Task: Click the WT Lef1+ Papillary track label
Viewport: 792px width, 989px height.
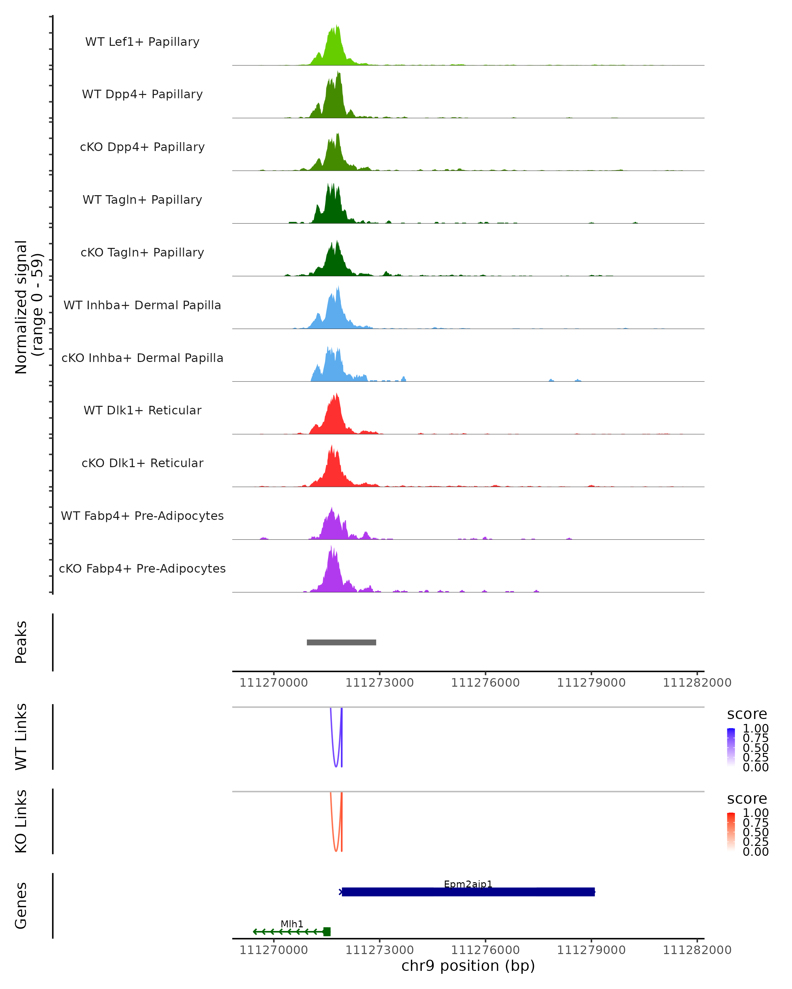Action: pyautogui.click(x=142, y=42)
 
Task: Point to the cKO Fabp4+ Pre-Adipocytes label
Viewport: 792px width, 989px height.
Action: pyautogui.click(x=142, y=568)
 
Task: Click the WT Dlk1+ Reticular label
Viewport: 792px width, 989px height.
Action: pyautogui.click(x=142, y=410)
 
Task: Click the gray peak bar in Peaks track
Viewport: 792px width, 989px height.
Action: pyautogui.click(x=341, y=642)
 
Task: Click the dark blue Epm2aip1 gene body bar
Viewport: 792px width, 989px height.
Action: pyautogui.click(x=468, y=892)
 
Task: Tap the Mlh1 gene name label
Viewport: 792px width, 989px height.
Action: pyautogui.click(x=292, y=924)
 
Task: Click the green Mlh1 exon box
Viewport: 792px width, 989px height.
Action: pyautogui.click(x=327, y=932)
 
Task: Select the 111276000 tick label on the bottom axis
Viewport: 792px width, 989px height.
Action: pyautogui.click(x=485, y=950)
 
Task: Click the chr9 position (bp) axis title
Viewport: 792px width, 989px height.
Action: pyautogui.click(x=468, y=966)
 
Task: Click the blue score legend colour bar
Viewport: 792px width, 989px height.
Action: pyautogui.click(x=731, y=747)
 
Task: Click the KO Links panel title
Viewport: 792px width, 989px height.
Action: pyautogui.click(x=21, y=821)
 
